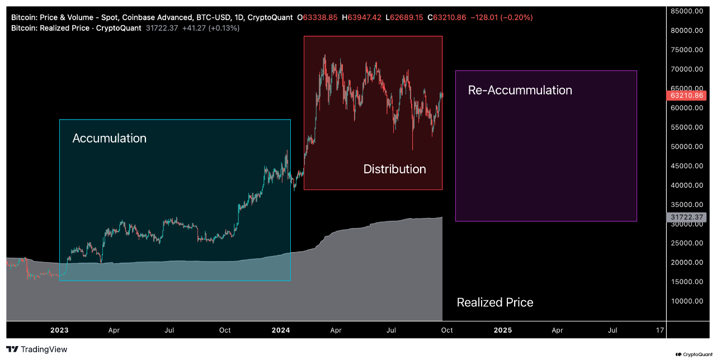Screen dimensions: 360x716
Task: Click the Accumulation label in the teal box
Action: [110, 138]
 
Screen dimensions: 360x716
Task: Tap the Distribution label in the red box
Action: [394, 169]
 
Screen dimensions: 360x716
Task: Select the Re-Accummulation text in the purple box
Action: [520, 90]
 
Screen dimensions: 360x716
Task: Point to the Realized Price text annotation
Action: [494, 302]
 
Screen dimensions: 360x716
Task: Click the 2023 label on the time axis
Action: [59, 330]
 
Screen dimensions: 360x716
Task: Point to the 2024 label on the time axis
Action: [281, 330]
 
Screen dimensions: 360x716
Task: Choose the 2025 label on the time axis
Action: [502, 330]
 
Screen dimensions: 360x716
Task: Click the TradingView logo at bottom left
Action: [37, 349]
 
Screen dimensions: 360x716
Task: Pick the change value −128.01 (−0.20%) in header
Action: [502, 17]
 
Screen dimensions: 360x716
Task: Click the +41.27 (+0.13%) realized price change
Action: [211, 28]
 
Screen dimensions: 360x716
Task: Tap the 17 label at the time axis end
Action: [660, 330]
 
